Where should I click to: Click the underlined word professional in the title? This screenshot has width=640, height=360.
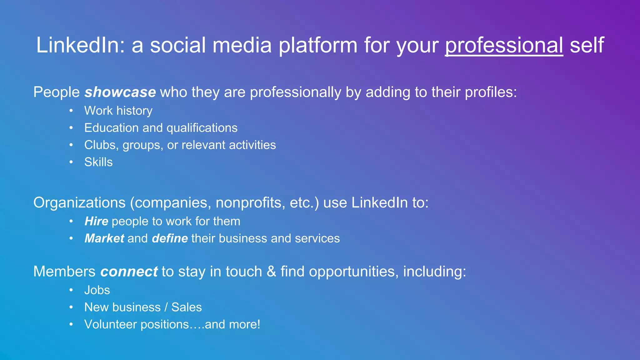[504, 46]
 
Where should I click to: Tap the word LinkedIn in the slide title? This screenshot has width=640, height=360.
[78, 46]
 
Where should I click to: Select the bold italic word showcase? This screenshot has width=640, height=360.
[120, 92]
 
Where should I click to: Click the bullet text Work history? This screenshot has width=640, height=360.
[118, 111]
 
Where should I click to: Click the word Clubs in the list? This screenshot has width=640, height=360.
[100, 145]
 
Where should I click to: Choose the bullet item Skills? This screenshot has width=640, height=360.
[98, 162]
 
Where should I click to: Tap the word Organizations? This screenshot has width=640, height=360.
[79, 203]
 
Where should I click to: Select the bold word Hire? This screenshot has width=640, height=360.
[96, 221]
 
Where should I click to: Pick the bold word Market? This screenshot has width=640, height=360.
[104, 238]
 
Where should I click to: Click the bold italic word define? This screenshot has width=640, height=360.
[170, 238]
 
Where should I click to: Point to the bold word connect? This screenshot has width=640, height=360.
[129, 272]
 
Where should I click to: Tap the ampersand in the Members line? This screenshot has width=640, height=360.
[271, 272]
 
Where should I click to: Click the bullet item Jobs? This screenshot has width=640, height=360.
[97, 290]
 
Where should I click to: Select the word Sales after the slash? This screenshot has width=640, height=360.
[187, 307]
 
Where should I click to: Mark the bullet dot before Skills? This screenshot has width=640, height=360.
[71, 162]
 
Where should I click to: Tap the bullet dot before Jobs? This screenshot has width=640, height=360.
[71, 290]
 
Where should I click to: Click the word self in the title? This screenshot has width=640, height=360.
[587, 46]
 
